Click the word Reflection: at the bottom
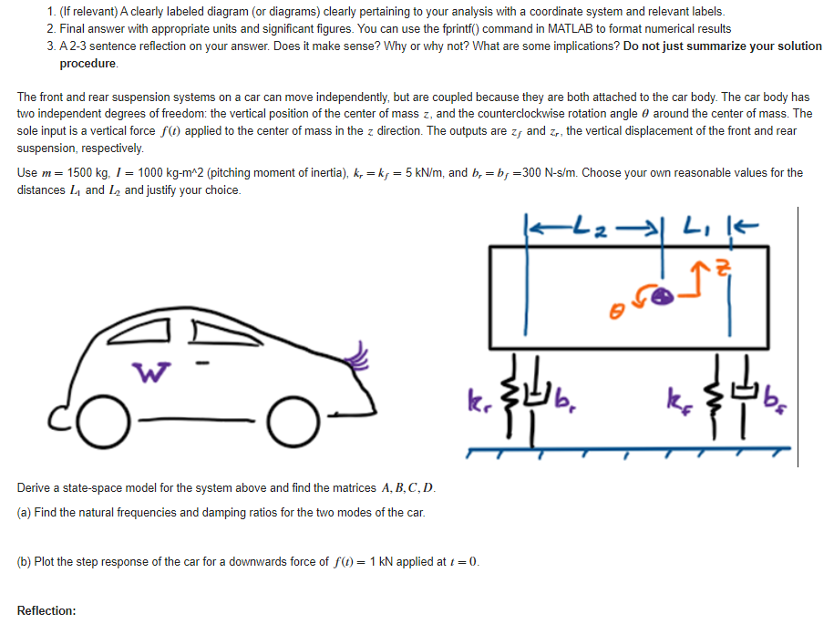[x=46, y=610]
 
